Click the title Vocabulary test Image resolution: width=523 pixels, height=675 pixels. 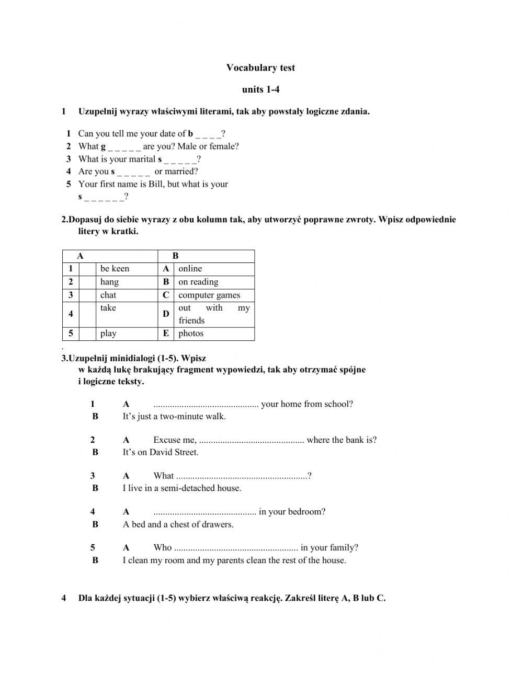coord(260,67)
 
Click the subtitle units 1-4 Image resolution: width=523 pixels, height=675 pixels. coord(260,89)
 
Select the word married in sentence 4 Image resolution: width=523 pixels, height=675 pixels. coord(181,171)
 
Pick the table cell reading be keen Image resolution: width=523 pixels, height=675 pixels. coord(115,269)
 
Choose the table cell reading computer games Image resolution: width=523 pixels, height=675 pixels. coord(209,295)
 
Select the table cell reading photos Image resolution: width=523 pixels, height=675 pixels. coord(191,334)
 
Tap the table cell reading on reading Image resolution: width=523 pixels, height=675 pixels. coord(198,282)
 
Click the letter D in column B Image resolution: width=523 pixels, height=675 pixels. coord(166,314)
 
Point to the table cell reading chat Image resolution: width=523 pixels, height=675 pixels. coord(108,295)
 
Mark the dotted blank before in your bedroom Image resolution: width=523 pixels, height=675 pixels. coord(204,512)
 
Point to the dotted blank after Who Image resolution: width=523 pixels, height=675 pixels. coord(235,548)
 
